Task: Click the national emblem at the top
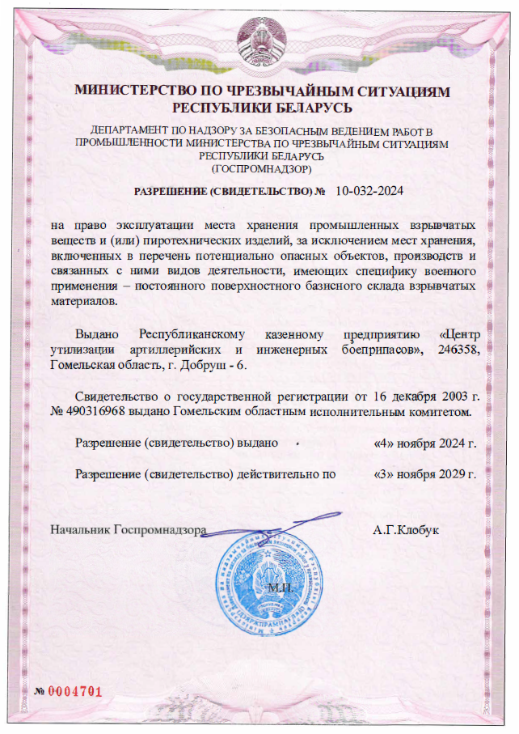point(261,39)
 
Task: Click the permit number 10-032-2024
point(368,192)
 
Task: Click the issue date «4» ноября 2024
point(425,443)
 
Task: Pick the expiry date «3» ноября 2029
point(425,474)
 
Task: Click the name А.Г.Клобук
point(406,531)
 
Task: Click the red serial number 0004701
point(76,691)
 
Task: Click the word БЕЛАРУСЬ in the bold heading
point(308,107)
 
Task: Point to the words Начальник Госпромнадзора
point(129,531)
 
